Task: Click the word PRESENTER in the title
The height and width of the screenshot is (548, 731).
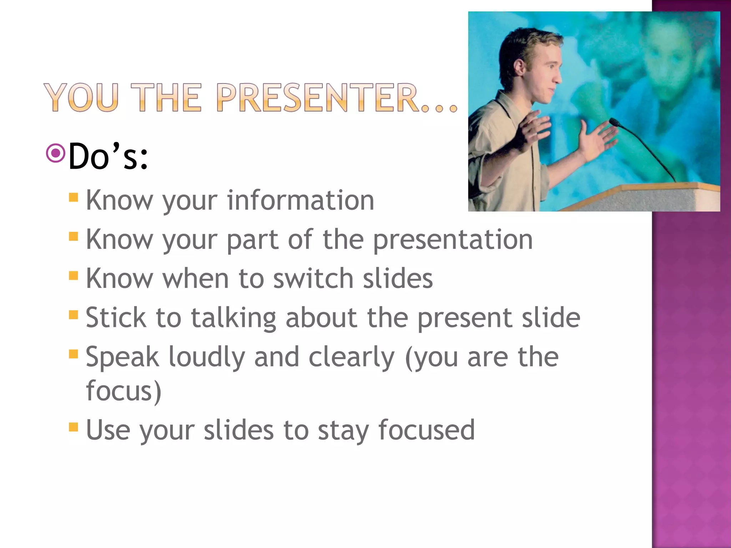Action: tap(318, 97)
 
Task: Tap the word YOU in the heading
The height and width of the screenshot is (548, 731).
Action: tap(81, 97)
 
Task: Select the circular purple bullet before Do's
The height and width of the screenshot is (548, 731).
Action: tap(56, 153)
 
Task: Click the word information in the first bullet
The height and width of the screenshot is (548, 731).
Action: tap(301, 201)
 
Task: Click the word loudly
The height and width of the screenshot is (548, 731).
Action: tap(206, 357)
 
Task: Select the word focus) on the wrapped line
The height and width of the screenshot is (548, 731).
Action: tap(123, 391)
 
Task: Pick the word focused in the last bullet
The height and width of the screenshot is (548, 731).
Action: tap(427, 430)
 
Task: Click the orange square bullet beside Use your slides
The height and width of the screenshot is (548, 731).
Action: tap(74, 427)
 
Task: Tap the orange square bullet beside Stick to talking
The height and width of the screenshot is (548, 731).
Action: tap(74, 315)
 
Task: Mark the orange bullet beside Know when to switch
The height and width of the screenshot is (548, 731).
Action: tap(74, 275)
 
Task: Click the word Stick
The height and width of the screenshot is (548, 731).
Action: tap(116, 318)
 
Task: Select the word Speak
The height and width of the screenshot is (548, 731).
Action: tap(122, 357)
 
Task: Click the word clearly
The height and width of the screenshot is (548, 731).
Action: tap(351, 357)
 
